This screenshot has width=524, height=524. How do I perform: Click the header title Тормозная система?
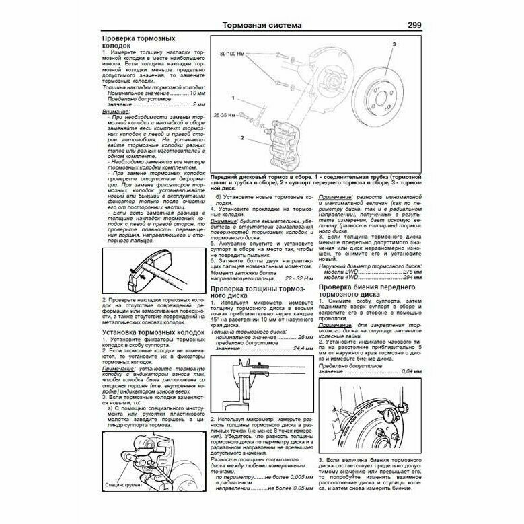(262, 26)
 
